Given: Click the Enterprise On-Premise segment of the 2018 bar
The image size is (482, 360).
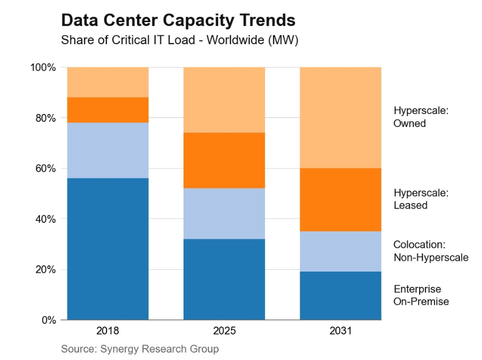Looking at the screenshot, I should click(108, 249).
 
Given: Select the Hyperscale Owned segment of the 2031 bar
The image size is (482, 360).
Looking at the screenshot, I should click(340, 117).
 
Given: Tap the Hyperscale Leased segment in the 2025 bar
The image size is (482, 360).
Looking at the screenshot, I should click(224, 160).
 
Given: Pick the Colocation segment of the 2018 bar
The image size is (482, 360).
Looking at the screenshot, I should click(108, 150).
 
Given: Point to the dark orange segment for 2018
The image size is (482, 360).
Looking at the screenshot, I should click(108, 110).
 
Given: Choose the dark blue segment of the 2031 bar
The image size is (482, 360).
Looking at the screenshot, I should click(340, 295).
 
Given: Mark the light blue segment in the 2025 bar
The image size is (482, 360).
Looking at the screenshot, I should click(224, 214).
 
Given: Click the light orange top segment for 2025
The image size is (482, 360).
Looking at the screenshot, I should click(224, 100).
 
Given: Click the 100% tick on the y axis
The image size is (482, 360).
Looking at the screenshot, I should click(44, 67).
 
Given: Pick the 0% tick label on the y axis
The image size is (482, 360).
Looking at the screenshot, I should click(49, 320).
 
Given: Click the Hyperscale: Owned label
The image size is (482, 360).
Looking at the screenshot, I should click(421, 117).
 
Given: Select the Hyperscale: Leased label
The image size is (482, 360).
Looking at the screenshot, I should click(421, 199).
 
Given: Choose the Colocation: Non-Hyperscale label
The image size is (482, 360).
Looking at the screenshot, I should click(430, 251).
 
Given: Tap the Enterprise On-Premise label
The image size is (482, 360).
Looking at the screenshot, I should click(421, 295).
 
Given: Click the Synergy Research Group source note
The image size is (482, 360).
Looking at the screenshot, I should click(139, 348).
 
